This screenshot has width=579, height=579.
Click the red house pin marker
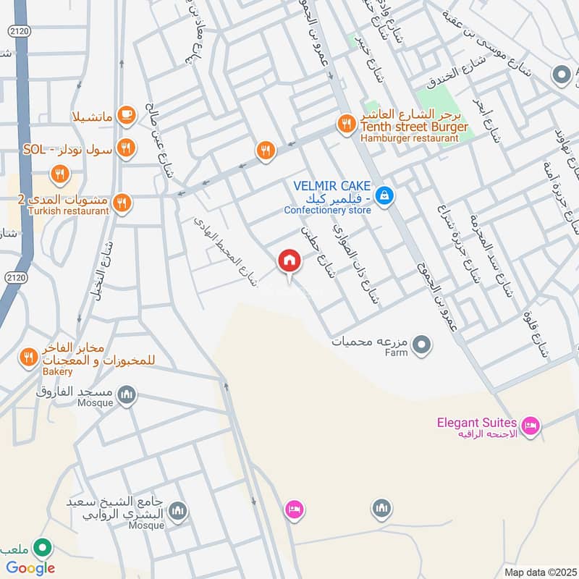289,261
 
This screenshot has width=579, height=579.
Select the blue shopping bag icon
385,195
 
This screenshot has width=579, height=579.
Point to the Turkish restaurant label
65,211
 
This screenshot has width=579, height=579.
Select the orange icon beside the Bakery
28,356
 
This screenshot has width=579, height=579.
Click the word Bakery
57,371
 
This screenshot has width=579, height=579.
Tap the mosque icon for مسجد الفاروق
127,394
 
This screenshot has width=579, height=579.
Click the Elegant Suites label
476,423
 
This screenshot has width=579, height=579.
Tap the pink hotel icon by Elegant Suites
531,426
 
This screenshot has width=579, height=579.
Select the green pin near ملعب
43,547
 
